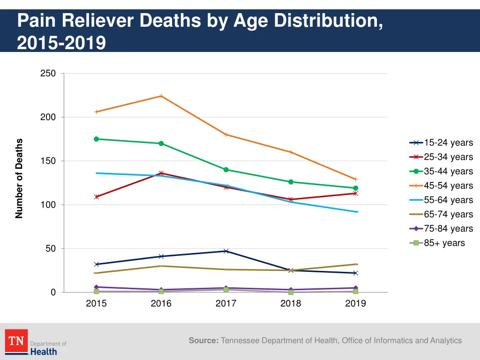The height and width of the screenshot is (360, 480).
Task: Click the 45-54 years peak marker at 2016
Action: (x=161, y=96)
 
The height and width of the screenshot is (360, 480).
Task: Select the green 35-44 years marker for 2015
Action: (x=97, y=139)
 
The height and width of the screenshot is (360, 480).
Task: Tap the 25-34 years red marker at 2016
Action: (x=161, y=173)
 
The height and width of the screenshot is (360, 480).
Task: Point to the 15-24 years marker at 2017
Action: (x=226, y=251)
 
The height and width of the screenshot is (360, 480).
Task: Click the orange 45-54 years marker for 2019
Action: (x=355, y=179)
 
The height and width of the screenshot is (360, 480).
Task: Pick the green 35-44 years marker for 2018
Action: (x=291, y=182)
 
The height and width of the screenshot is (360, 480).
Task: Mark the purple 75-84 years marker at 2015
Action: (x=97, y=287)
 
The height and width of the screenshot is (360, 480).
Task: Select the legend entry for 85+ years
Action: (x=441, y=243)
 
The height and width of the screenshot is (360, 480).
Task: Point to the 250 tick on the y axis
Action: (x=48, y=74)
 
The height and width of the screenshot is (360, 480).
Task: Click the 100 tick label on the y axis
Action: (x=48, y=205)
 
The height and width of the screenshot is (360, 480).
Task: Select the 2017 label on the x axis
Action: (x=226, y=304)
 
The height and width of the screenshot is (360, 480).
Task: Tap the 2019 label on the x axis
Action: (x=355, y=304)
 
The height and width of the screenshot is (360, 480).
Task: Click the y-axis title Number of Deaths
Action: (x=19, y=179)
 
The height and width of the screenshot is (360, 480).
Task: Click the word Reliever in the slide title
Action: (x=97, y=22)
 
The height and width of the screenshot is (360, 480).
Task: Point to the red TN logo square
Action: (x=16, y=341)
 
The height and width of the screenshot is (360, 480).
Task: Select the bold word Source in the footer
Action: (x=203, y=341)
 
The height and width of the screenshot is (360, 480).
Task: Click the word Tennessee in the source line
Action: (x=240, y=341)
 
